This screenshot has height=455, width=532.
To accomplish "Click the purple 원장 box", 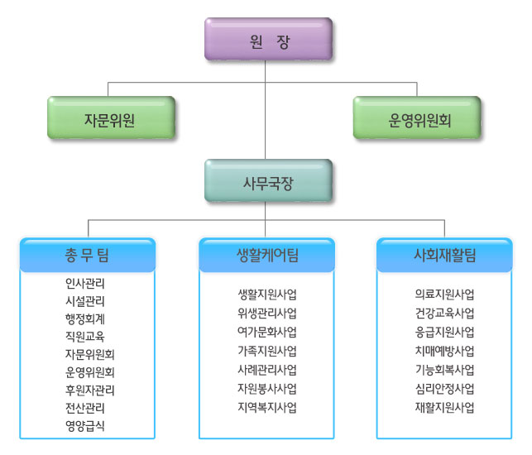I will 268,40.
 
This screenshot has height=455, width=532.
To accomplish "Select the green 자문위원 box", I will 110,117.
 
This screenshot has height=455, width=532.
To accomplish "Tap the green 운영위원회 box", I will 419,117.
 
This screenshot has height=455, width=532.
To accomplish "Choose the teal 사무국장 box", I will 268,180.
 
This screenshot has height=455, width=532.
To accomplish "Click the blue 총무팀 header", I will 88,256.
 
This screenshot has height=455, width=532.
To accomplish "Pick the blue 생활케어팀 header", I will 266,256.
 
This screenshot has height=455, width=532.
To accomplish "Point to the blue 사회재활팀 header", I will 444,256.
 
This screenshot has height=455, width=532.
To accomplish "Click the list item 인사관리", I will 85,283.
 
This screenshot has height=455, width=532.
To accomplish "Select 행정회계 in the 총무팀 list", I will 85,318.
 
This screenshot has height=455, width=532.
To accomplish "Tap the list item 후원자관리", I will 90,390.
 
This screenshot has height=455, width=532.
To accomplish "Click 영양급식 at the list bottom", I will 85,425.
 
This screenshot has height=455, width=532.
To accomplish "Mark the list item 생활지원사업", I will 266,294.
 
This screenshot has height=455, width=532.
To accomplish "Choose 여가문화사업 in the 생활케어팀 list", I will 266,332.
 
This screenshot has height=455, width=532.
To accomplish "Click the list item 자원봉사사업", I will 266,388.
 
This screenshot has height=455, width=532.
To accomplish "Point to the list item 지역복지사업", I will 266,407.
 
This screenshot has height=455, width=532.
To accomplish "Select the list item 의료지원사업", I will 444,294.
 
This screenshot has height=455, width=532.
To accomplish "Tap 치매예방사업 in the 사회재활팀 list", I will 444,351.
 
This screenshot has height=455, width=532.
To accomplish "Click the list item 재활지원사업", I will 444,407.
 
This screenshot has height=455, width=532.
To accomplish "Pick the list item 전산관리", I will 85,408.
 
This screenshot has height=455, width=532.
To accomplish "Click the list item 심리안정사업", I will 444,388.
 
